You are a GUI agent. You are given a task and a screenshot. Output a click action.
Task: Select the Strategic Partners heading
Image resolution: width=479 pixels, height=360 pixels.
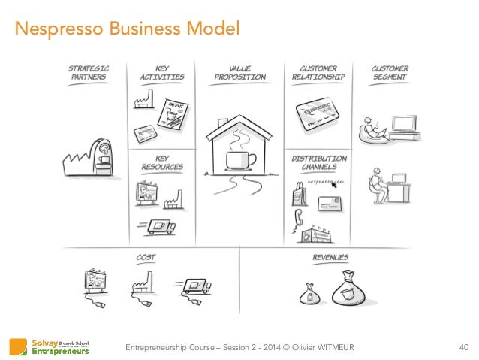[89, 72]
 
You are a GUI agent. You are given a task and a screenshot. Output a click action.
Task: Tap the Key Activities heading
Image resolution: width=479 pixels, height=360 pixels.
[162, 72]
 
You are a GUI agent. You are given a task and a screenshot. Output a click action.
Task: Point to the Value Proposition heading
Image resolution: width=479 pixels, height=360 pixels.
[239, 72]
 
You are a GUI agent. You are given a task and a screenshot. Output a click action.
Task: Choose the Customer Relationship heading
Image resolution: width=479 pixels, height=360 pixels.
[318, 72]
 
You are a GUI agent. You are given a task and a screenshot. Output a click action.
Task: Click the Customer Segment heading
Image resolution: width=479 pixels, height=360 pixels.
[390, 72]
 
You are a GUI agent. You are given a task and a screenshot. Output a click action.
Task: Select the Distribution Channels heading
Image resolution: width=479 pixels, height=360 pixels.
[318, 163]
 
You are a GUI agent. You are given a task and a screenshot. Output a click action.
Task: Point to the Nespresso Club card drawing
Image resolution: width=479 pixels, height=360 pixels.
[318, 113]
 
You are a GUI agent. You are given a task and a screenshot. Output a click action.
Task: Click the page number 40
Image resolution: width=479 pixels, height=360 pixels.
[462, 346]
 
